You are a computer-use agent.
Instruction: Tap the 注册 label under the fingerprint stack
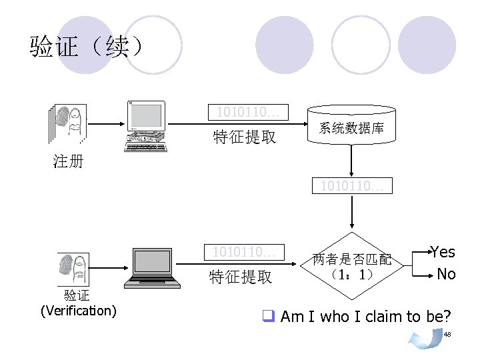(x=68, y=161)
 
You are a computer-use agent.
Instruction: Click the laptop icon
(x=155, y=269)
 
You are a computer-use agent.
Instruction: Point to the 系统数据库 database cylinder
(x=351, y=128)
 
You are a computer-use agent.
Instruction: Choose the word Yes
(x=443, y=252)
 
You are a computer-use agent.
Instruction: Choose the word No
(x=446, y=274)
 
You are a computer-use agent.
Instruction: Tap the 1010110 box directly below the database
(x=351, y=185)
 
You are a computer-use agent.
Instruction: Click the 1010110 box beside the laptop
(x=244, y=252)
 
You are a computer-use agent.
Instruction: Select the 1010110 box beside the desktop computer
(x=248, y=112)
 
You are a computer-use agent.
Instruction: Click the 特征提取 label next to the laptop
(x=241, y=277)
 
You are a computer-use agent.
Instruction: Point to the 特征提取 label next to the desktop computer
(x=244, y=137)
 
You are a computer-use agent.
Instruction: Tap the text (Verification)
(x=78, y=311)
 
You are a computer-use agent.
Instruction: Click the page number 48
(x=447, y=333)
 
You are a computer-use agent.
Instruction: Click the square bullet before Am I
(x=269, y=316)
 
